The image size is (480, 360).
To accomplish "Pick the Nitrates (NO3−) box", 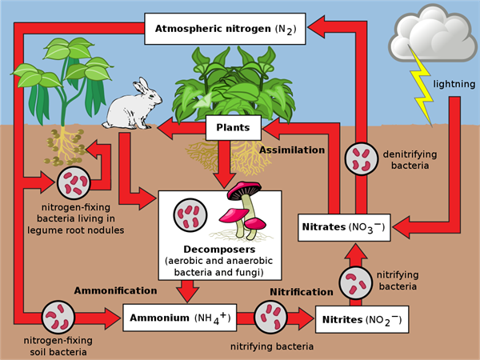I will pos(343,227).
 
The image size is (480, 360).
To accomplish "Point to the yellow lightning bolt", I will pos(424,88).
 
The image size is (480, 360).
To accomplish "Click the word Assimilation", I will pos(292,150).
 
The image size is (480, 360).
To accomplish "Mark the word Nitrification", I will pos(301,292).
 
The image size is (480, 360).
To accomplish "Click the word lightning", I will pos(454,84).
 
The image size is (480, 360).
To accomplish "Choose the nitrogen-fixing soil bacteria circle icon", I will pos(58,318).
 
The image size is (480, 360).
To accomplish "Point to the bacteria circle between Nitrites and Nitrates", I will pos(356,283).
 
